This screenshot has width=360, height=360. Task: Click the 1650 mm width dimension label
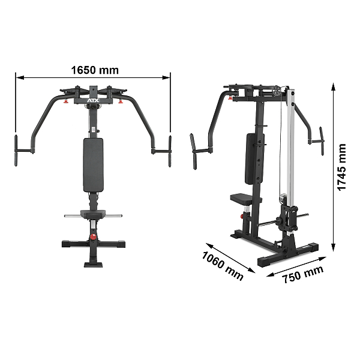(95, 70)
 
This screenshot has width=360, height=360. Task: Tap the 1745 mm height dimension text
(341, 167)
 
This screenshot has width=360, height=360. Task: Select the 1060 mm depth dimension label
(222, 266)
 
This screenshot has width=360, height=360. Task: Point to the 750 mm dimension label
(303, 274)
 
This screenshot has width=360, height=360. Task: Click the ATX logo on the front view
(93, 101)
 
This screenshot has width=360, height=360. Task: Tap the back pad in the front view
(93, 165)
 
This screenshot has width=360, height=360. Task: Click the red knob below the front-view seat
(93, 237)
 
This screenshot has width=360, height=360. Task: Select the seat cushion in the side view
(245, 199)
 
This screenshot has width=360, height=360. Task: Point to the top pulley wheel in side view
(277, 91)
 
